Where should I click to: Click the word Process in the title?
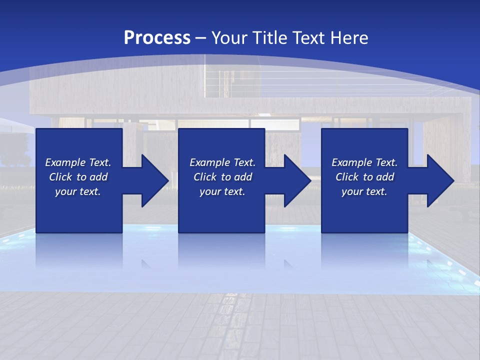(x=157, y=38)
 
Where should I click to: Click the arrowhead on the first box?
(x=152, y=180)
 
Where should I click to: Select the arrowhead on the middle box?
(x=295, y=180)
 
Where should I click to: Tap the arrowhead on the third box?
(x=438, y=180)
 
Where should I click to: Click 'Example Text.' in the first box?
(x=78, y=162)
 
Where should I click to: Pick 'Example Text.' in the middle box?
(x=222, y=162)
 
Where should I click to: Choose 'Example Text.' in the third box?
(x=364, y=162)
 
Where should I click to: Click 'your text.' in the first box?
(x=78, y=191)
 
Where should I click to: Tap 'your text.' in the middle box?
(x=222, y=191)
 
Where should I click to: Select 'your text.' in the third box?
(x=364, y=191)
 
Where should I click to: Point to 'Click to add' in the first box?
(x=78, y=177)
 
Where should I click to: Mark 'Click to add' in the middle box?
(x=222, y=177)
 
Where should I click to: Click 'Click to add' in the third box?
(x=364, y=177)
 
